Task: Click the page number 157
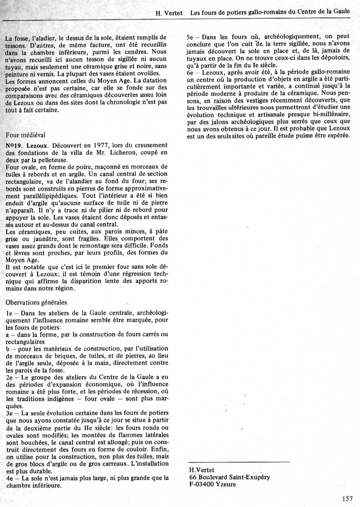coord(348,498)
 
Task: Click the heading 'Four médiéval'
coord(25,135)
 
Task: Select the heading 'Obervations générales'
coord(36,302)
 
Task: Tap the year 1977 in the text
coord(101,145)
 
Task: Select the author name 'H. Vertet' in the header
coord(169,13)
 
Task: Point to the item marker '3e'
coord(9,413)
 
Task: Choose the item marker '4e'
coord(9,478)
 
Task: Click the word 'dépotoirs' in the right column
coord(335,58)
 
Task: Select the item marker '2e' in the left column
coord(9,378)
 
